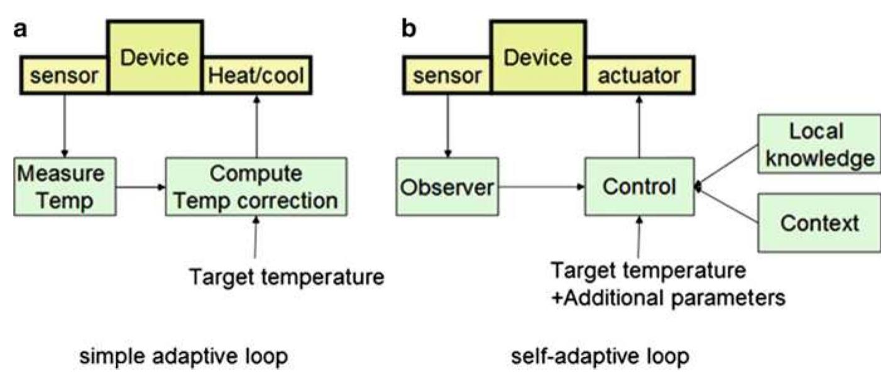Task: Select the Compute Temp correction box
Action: point(255,186)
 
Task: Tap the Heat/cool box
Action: point(256,77)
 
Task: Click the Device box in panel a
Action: point(155,57)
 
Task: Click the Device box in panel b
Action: point(538,57)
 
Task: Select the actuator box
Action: point(638,77)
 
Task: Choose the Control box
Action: point(639,186)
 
